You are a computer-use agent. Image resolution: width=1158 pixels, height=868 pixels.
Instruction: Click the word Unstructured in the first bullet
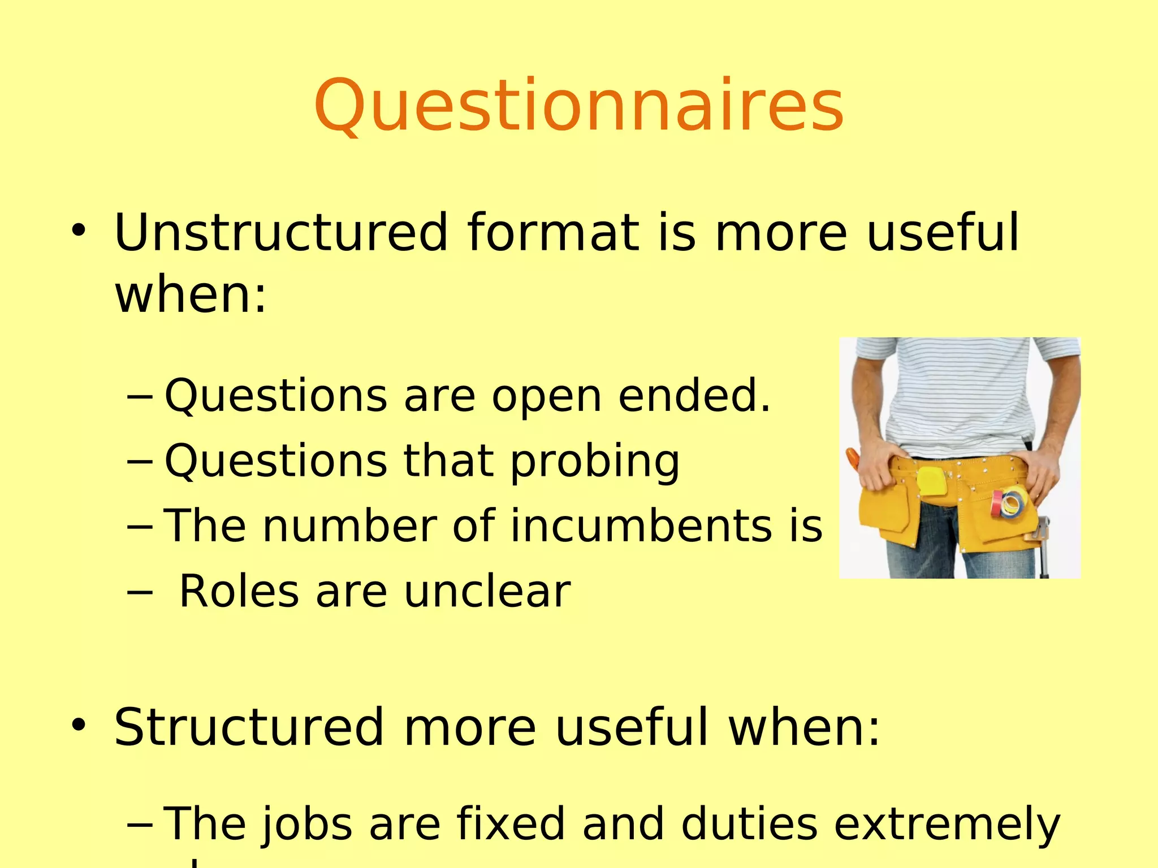tap(281, 232)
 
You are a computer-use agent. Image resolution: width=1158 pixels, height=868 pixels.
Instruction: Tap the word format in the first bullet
tap(553, 232)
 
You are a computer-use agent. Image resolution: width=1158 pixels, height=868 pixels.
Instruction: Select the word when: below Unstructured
tap(190, 294)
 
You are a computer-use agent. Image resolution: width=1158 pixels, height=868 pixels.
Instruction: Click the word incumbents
tap(642, 526)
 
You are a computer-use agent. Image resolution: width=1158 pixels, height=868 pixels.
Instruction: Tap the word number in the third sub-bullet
tap(349, 526)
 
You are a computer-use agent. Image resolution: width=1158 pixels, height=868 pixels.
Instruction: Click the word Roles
tap(239, 592)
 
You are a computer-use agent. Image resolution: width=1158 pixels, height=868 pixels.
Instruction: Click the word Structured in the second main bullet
tap(249, 727)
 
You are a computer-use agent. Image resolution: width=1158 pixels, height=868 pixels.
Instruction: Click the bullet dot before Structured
tap(79, 726)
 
